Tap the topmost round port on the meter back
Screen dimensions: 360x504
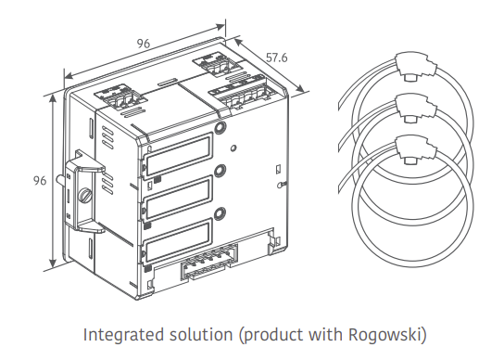point(220,128)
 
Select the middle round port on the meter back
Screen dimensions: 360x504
point(220,172)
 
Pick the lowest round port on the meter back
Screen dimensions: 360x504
point(220,214)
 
